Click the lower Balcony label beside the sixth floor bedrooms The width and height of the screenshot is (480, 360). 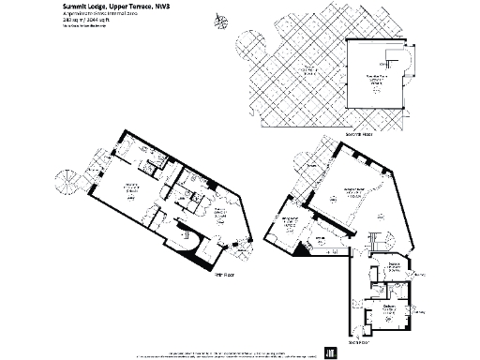pyautogui.click(x=417, y=312)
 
